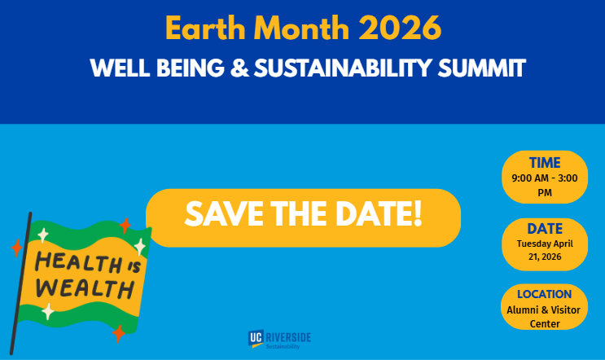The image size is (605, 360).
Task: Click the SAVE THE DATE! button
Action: (x=303, y=216)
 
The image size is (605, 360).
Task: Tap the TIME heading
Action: (x=545, y=163)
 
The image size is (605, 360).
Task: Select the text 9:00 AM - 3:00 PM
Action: (x=545, y=185)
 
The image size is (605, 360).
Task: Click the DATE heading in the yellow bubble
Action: (x=545, y=229)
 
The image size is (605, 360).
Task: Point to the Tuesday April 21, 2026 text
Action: (x=545, y=250)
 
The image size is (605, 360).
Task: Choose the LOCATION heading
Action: (x=545, y=294)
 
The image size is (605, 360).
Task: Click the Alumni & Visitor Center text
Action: (x=545, y=316)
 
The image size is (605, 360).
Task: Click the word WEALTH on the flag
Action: (x=85, y=289)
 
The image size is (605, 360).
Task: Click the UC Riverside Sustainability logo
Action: (x=279, y=339)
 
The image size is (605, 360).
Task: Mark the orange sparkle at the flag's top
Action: (x=125, y=226)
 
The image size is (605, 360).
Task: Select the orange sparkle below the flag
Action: (x=119, y=333)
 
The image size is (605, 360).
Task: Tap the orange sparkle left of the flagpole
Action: (x=16, y=248)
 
